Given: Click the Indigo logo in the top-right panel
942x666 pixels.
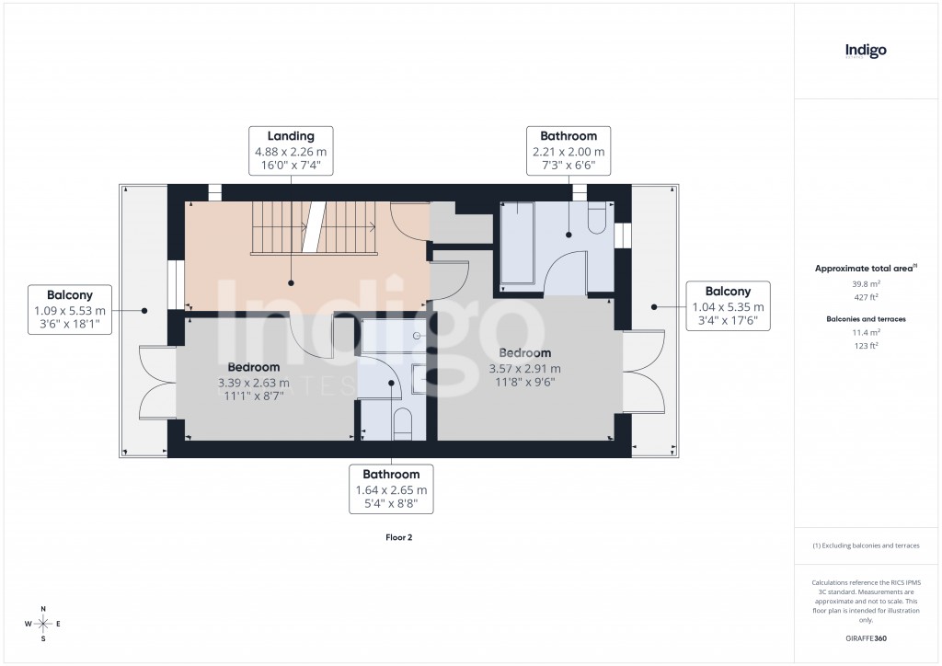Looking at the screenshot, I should click(865, 51).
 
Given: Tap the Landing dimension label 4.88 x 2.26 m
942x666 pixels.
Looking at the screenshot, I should click(291, 152).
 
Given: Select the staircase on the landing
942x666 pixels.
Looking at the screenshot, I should click(315, 227).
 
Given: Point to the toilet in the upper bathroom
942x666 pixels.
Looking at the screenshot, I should click(596, 219).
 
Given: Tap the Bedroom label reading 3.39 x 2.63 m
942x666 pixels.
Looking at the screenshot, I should click(253, 384).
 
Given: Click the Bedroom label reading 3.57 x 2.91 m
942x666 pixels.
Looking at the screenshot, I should click(525, 369).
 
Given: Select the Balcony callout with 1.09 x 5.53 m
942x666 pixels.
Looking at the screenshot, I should click(70, 311).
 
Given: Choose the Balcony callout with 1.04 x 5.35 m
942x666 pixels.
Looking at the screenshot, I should click(728, 307).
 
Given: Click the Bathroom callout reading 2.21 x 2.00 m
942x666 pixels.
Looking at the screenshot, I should click(569, 151).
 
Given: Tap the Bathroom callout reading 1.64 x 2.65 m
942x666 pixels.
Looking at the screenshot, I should click(391, 489).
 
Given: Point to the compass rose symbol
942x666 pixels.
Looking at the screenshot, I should click(42, 623).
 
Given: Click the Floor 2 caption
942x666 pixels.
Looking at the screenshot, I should click(398, 537).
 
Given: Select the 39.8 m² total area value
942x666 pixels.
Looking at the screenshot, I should click(865, 284).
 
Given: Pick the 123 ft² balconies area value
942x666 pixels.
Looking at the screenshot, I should click(865, 344).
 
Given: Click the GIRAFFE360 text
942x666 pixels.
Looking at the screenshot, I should click(865, 637).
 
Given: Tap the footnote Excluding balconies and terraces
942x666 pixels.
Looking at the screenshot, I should click(865, 545).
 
